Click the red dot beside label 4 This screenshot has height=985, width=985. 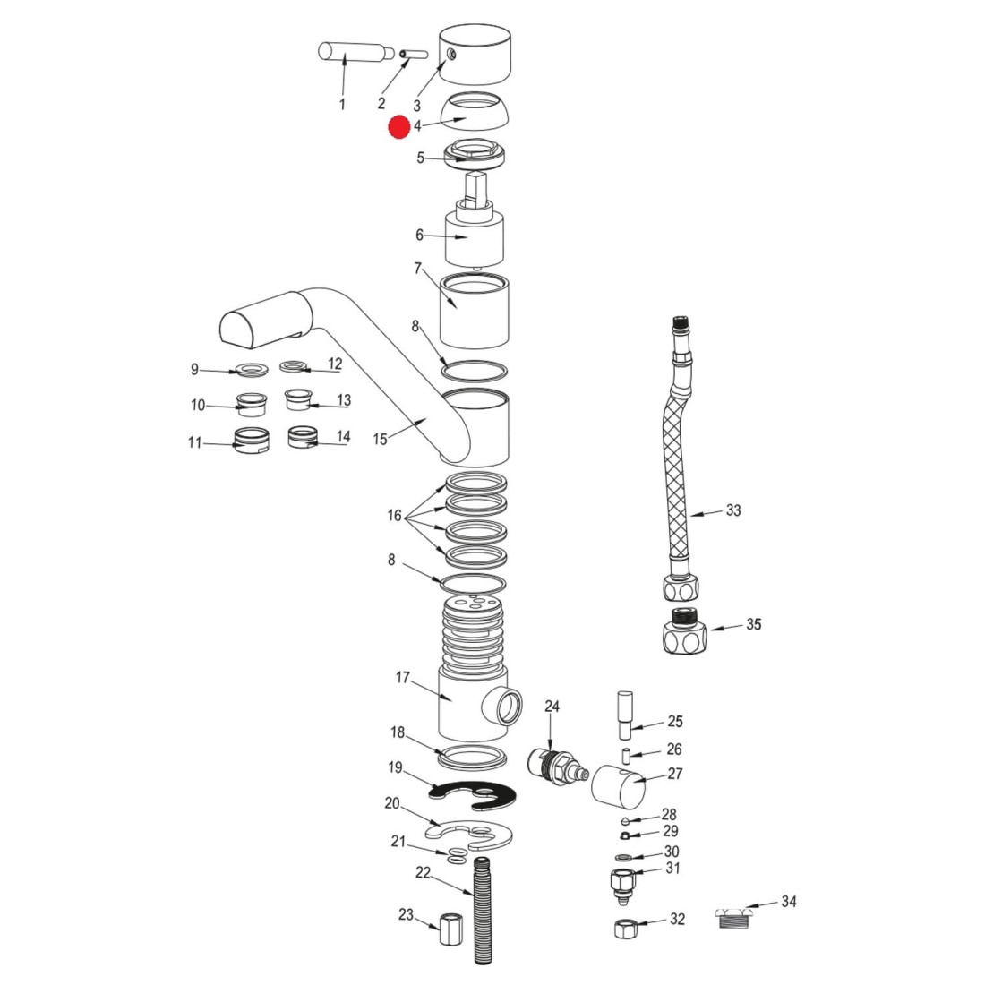pyautogui.click(x=398, y=127)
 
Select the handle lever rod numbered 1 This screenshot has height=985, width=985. pyautogui.click(x=351, y=52)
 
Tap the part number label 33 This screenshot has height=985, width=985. pyautogui.click(x=733, y=511)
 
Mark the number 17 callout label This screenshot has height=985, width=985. pyautogui.click(x=402, y=679)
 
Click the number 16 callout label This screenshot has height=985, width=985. pyautogui.click(x=394, y=516)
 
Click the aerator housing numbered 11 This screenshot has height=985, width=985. pyautogui.click(x=252, y=441)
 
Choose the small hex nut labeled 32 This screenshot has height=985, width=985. pyautogui.click(x=625, y=928)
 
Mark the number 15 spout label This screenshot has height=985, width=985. pyautogui.click(x=381, y=439)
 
